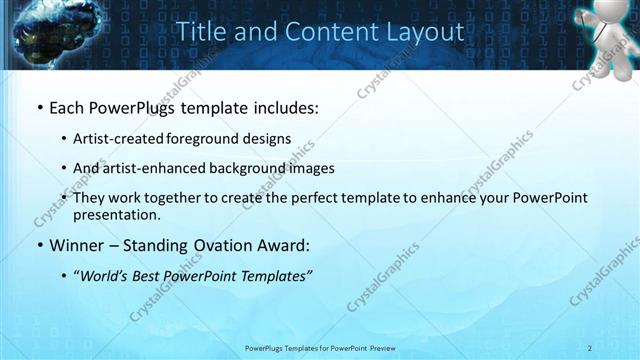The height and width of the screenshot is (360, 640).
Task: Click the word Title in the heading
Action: click(201, 32)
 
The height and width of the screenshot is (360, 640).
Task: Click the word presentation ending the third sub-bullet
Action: click(116, 214)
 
